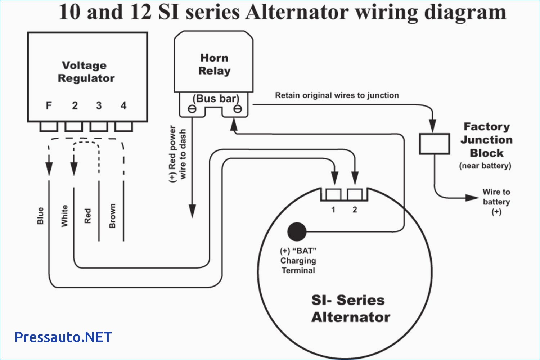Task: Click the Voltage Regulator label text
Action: pyautogui.click(x=86, y=72)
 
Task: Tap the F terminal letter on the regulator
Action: pyautogui.click(x=49, y=105)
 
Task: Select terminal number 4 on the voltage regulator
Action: pyautogui.click(x=123, y=105)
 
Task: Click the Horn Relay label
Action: pyautogui.click(x=214, y=64)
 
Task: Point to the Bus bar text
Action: pyautogui.click(x=216, y=98)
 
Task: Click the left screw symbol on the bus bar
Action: pyautogui.click(x=192, y=109)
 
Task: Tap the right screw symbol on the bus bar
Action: pyautogui.click(x=238, y=109)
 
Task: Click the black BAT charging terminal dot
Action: pyautogui.click(x=297, y=231)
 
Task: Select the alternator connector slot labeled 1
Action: pyautogui.click(x=333, y=194)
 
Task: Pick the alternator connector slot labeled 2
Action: pyautogui.click(x=355, y=194)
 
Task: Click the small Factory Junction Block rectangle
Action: pyautogui.click(x=434, y=144)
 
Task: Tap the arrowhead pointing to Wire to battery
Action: pyautogui.click(x=472, y=198)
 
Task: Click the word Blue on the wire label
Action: pyautogui.click(x=40, y=216)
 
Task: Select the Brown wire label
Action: pyautogui.click(x=112, y=216)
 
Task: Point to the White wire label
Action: pyautogui.click(x=64, y=216)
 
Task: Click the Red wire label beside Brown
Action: pyautogui.click(x=87, y=216)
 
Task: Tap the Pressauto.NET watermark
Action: pyautogui.click(x=63, y=337)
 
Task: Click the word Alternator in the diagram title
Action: pyautogui.click(x=297, y=12)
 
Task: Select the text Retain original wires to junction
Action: pyautogui.click(x=337, y=95)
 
